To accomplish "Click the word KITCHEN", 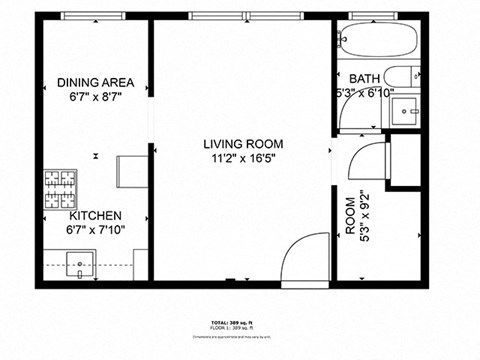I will pyautogui.click(x=96, y=215).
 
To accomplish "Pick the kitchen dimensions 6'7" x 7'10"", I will pyautogui.click(x=96, y=229).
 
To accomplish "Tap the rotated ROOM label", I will pyautogui.click(x=350, y=215).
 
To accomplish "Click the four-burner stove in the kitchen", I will pyautogui.click(x=59, y=187).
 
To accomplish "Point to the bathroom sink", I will pyautogui.click(x=406, y=109).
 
